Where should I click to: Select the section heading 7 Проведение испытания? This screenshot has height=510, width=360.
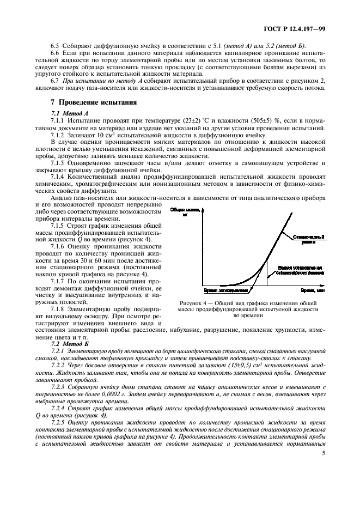(x=78, y=102)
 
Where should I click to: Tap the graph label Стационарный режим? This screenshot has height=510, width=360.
(x=309, y=239)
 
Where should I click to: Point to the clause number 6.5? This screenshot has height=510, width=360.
(x=56, y=45)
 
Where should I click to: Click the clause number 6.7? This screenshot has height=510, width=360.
(x=56, y=80)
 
